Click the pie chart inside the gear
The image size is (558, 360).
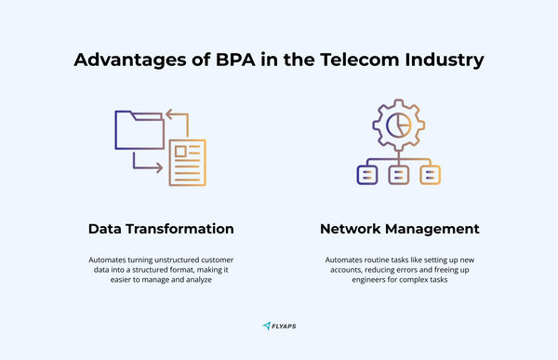click(398, 124)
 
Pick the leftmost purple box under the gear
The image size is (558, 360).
click(367, 173)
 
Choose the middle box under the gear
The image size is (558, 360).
click(398, 173)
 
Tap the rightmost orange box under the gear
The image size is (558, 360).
click(429, 173)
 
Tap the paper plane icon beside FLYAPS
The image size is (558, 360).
click(267, 327)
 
